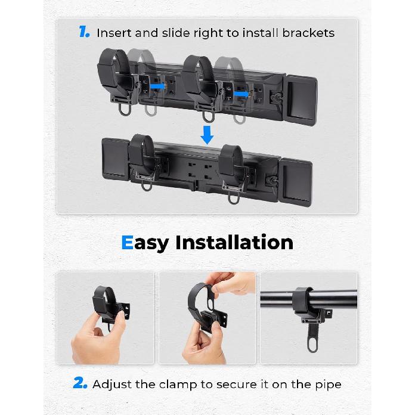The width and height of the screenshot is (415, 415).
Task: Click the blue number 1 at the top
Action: point(83,32)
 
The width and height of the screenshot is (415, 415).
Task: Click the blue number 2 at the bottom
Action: point(80,383)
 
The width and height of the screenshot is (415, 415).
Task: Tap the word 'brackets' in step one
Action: point(308,33)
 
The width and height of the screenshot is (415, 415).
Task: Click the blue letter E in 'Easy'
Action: point(127,243)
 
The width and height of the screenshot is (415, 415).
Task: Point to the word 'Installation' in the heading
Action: point(234,242)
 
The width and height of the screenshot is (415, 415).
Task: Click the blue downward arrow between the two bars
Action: point(207,135)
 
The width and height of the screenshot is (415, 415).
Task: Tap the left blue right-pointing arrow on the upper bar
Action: point(158,86)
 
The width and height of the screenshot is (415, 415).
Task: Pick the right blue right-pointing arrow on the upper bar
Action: point(241,94)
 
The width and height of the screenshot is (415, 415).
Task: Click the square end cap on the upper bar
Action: point(301,100)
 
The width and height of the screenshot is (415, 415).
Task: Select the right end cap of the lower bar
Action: point(296,182)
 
